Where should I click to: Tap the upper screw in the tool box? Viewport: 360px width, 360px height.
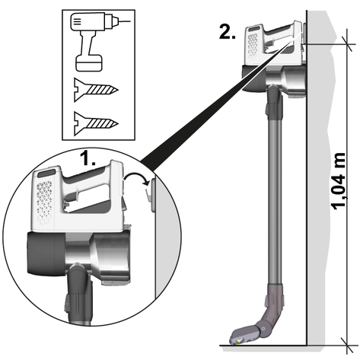(96, 90)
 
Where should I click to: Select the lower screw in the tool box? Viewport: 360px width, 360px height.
(96, 123)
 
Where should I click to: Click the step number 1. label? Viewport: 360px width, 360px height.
(88, 158)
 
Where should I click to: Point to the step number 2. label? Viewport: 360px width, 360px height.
(228, 33)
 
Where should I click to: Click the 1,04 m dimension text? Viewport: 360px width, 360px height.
(339, 181)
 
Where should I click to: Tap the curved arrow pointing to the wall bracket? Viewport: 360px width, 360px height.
(135, 176)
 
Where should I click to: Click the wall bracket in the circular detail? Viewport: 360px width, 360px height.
(151, 195)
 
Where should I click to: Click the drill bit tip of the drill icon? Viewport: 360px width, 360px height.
(124, 21)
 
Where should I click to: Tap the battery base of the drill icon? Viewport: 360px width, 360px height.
(89, 62)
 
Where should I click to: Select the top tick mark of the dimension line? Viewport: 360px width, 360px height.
(347, 44)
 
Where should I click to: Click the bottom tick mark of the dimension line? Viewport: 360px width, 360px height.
(347, 346)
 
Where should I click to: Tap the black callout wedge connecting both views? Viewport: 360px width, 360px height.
(215, 104)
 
